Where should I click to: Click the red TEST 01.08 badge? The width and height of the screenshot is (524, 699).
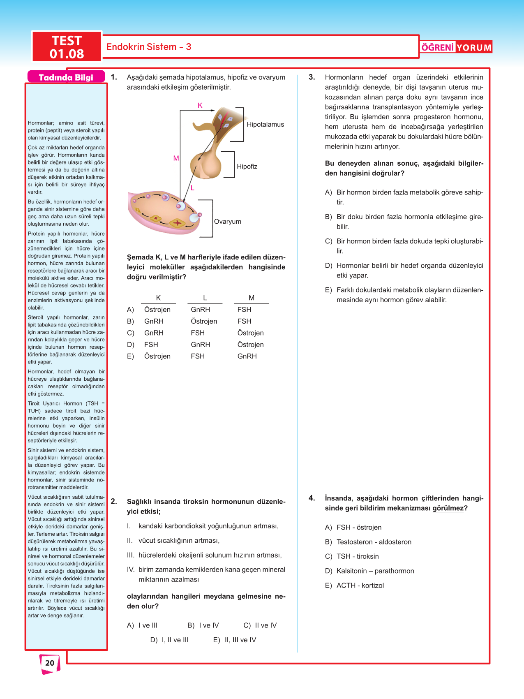67,47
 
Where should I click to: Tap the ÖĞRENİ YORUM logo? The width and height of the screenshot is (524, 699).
456,47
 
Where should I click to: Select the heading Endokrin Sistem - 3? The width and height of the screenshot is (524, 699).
149,47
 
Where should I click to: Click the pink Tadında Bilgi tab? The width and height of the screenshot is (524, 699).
66,77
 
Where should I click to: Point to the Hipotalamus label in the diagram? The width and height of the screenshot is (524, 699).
265,125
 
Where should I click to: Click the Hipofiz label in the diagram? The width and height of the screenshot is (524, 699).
247,167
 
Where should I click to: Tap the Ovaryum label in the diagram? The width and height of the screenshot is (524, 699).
227,222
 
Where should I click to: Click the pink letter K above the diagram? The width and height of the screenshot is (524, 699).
200,106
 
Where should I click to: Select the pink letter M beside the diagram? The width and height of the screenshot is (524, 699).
176,158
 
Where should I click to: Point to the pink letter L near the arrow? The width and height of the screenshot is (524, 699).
192,188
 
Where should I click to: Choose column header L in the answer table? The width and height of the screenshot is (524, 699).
205,298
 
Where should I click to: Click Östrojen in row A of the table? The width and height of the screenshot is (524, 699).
157,310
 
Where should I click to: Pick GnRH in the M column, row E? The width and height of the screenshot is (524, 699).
247,356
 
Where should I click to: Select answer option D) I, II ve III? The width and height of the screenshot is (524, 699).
169,640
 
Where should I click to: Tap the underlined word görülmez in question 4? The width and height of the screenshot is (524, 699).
448,508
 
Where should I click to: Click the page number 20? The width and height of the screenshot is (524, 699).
50,663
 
